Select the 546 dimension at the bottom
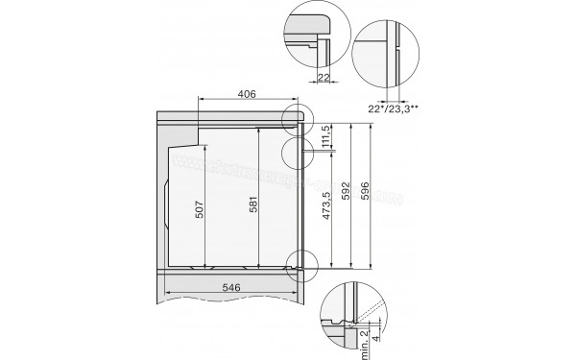(228, 286)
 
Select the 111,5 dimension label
(327, 136)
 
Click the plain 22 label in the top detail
(324, 78)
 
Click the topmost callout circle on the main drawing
(299, 117)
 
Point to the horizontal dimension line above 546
(228, 296)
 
